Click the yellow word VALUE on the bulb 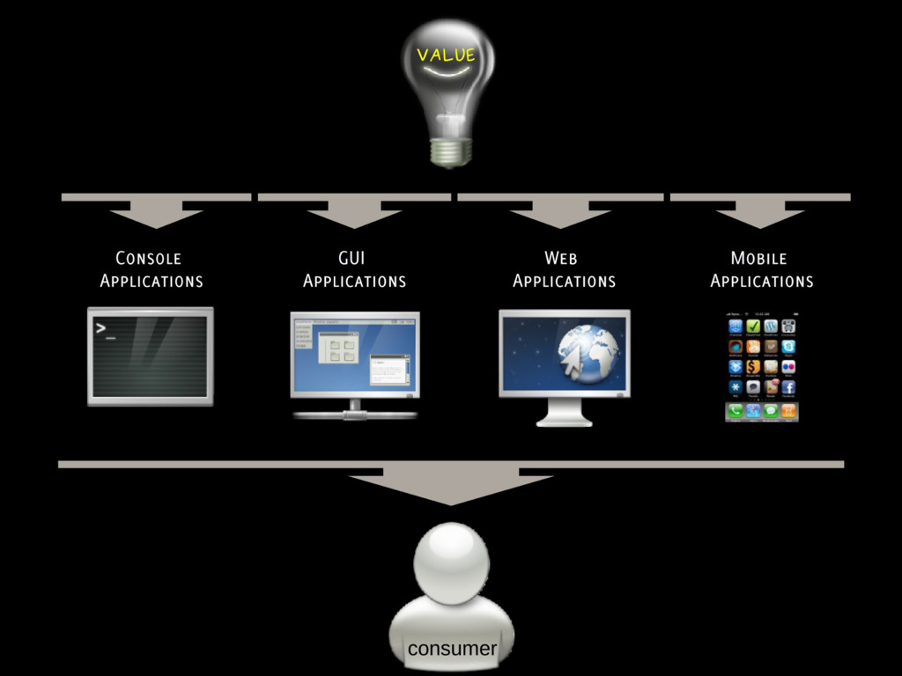point(446,55)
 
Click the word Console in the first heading point(148,259)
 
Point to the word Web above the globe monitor point(561,258)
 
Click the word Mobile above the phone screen point(758,258)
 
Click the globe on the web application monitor point(588,350)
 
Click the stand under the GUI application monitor point(354,410)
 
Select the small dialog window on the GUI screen point(388,369)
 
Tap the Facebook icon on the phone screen point(788,386)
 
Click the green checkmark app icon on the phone point(753,327)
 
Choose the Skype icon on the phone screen point(788,347)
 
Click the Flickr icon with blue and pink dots point(788,366)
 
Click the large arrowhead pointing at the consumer point(450,489)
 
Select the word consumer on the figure point(452,649)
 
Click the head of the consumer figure point(451,562)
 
